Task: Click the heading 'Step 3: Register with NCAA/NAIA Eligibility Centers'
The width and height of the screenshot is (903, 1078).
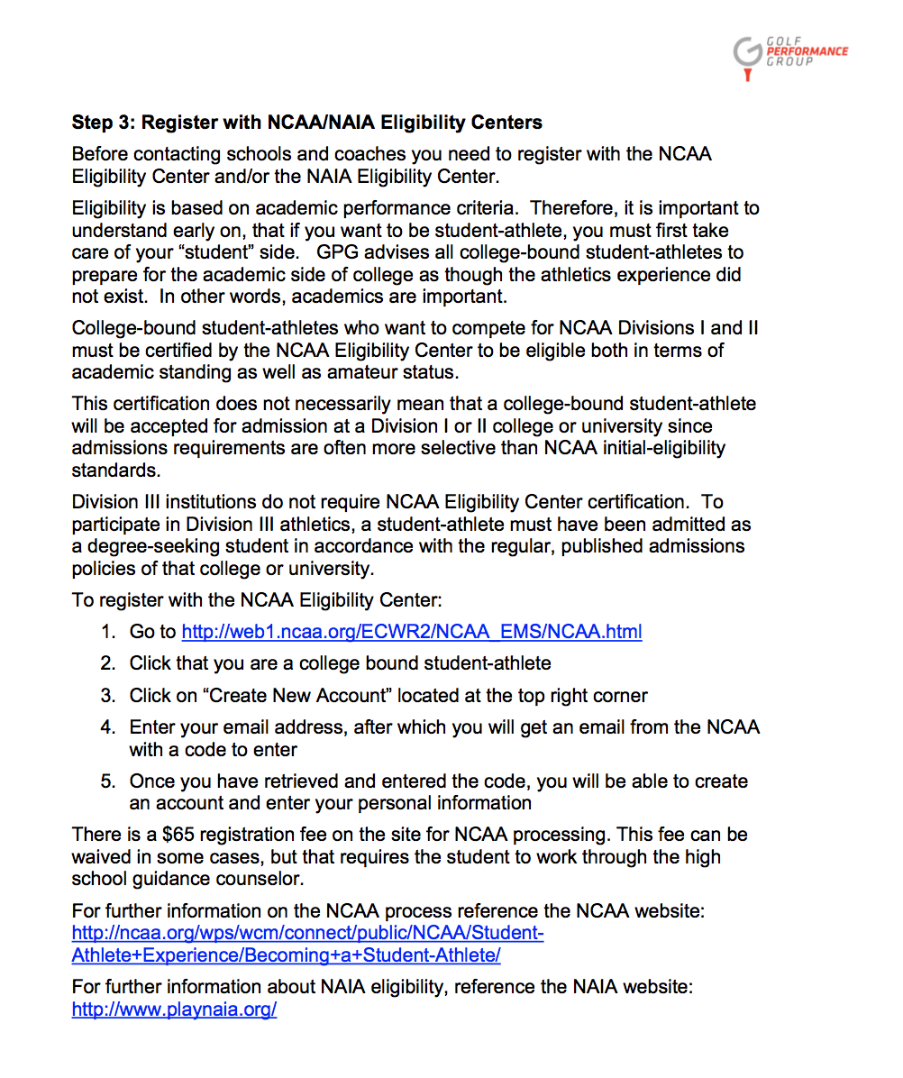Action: tap(307, 122)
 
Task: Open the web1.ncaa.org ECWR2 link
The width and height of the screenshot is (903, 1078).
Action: tap(412, 632)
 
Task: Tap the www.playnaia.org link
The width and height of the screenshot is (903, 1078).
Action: tap(174, 1009)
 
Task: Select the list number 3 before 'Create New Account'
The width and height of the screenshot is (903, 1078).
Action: tap(108, 695)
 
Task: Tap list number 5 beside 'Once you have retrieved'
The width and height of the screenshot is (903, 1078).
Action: tap(108, 781)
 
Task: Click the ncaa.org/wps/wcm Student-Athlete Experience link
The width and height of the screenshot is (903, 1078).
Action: tap(307, 944)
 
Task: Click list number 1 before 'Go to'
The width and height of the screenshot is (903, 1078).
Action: tap(108, 632)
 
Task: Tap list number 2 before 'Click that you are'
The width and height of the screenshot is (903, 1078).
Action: tap(108, 663)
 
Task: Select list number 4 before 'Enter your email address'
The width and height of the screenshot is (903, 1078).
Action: tap(108, 726)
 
